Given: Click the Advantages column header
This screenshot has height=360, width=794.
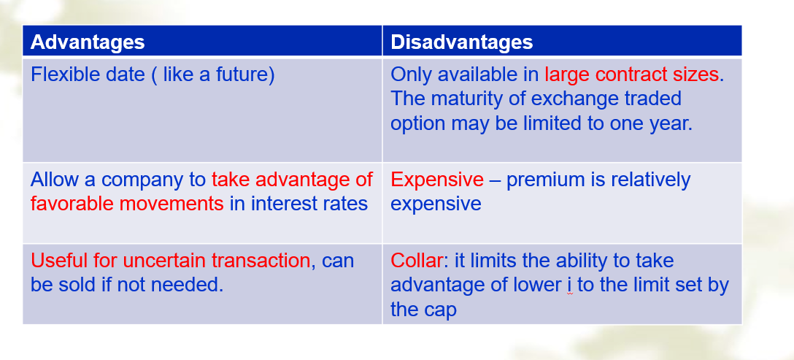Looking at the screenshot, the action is [x=88, y=42].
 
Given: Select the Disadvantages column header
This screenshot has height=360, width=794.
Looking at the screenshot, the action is [x=462, y=42].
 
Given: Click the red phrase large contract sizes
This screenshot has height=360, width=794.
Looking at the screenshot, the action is [x=631, y=74].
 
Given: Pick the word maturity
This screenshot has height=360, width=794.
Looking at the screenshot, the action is [x=469, y=99].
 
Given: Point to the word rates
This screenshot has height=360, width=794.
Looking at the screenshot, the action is [x=346, y=204].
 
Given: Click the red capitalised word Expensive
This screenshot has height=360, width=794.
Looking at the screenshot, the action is [x=438, y=180].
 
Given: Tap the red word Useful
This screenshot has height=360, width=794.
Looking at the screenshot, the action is [x=59, y=261].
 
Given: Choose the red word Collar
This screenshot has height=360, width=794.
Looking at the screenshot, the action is [x=417, y=261].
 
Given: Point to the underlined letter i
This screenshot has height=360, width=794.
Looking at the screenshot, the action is [x=570, y=286].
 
